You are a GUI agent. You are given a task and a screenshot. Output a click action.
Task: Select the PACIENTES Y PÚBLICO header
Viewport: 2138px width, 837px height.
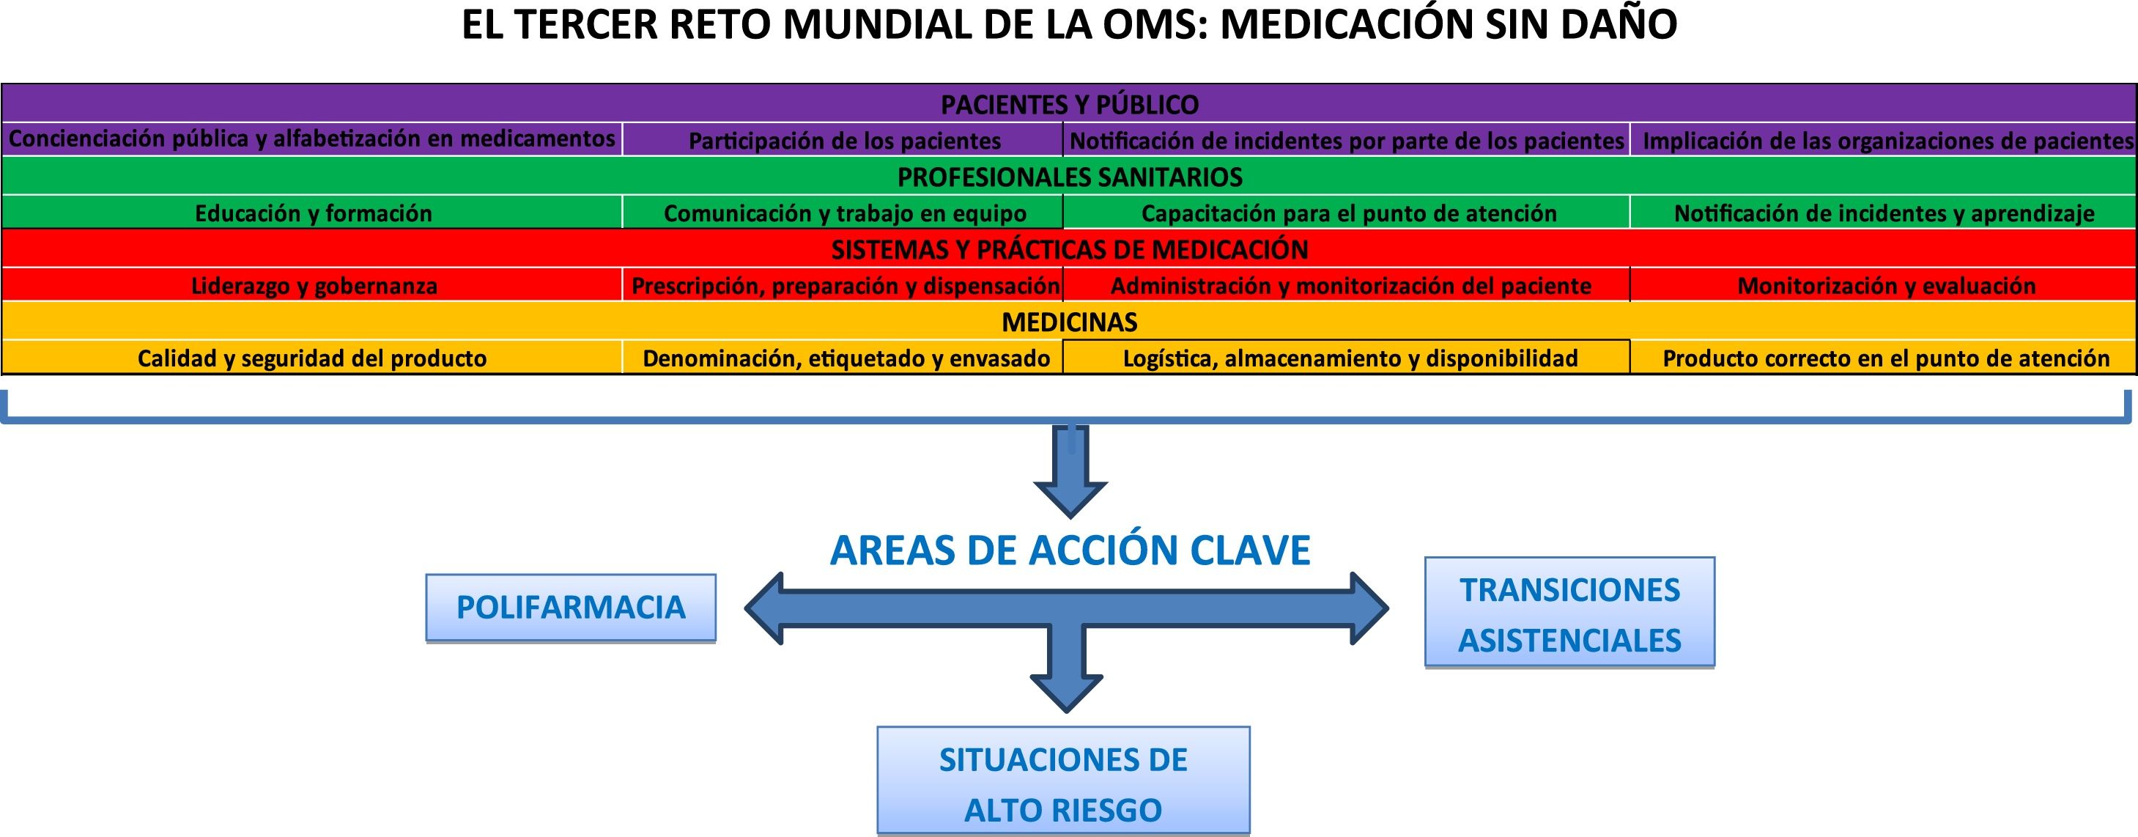1069,105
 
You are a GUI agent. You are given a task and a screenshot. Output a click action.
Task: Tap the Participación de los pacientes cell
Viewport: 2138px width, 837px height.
844,140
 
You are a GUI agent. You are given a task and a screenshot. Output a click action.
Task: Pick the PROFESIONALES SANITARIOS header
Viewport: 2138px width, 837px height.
1069,177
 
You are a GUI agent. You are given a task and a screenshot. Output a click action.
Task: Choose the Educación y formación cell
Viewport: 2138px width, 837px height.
313,213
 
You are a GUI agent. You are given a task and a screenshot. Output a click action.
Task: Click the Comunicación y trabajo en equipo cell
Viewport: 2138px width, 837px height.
844,213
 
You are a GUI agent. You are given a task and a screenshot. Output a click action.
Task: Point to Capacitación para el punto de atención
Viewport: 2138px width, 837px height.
1348,213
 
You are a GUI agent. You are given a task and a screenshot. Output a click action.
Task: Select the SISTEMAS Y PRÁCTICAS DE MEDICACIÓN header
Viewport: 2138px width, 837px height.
1069,249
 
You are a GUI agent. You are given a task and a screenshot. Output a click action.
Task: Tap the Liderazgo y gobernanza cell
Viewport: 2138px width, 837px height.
313,286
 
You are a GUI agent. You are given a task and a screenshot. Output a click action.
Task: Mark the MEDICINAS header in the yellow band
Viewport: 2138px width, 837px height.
1069,321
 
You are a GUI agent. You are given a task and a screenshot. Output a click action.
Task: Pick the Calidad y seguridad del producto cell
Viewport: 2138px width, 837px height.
312,358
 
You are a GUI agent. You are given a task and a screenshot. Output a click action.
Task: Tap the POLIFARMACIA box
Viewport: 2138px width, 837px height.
571,608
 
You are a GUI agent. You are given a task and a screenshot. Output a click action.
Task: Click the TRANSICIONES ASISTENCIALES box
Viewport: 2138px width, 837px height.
1569,613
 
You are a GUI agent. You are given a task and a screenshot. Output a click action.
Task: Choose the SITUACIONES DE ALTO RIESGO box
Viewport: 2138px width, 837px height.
1063,782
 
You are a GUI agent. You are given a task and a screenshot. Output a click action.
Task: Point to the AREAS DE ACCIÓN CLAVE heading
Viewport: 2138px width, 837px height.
1070,550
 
